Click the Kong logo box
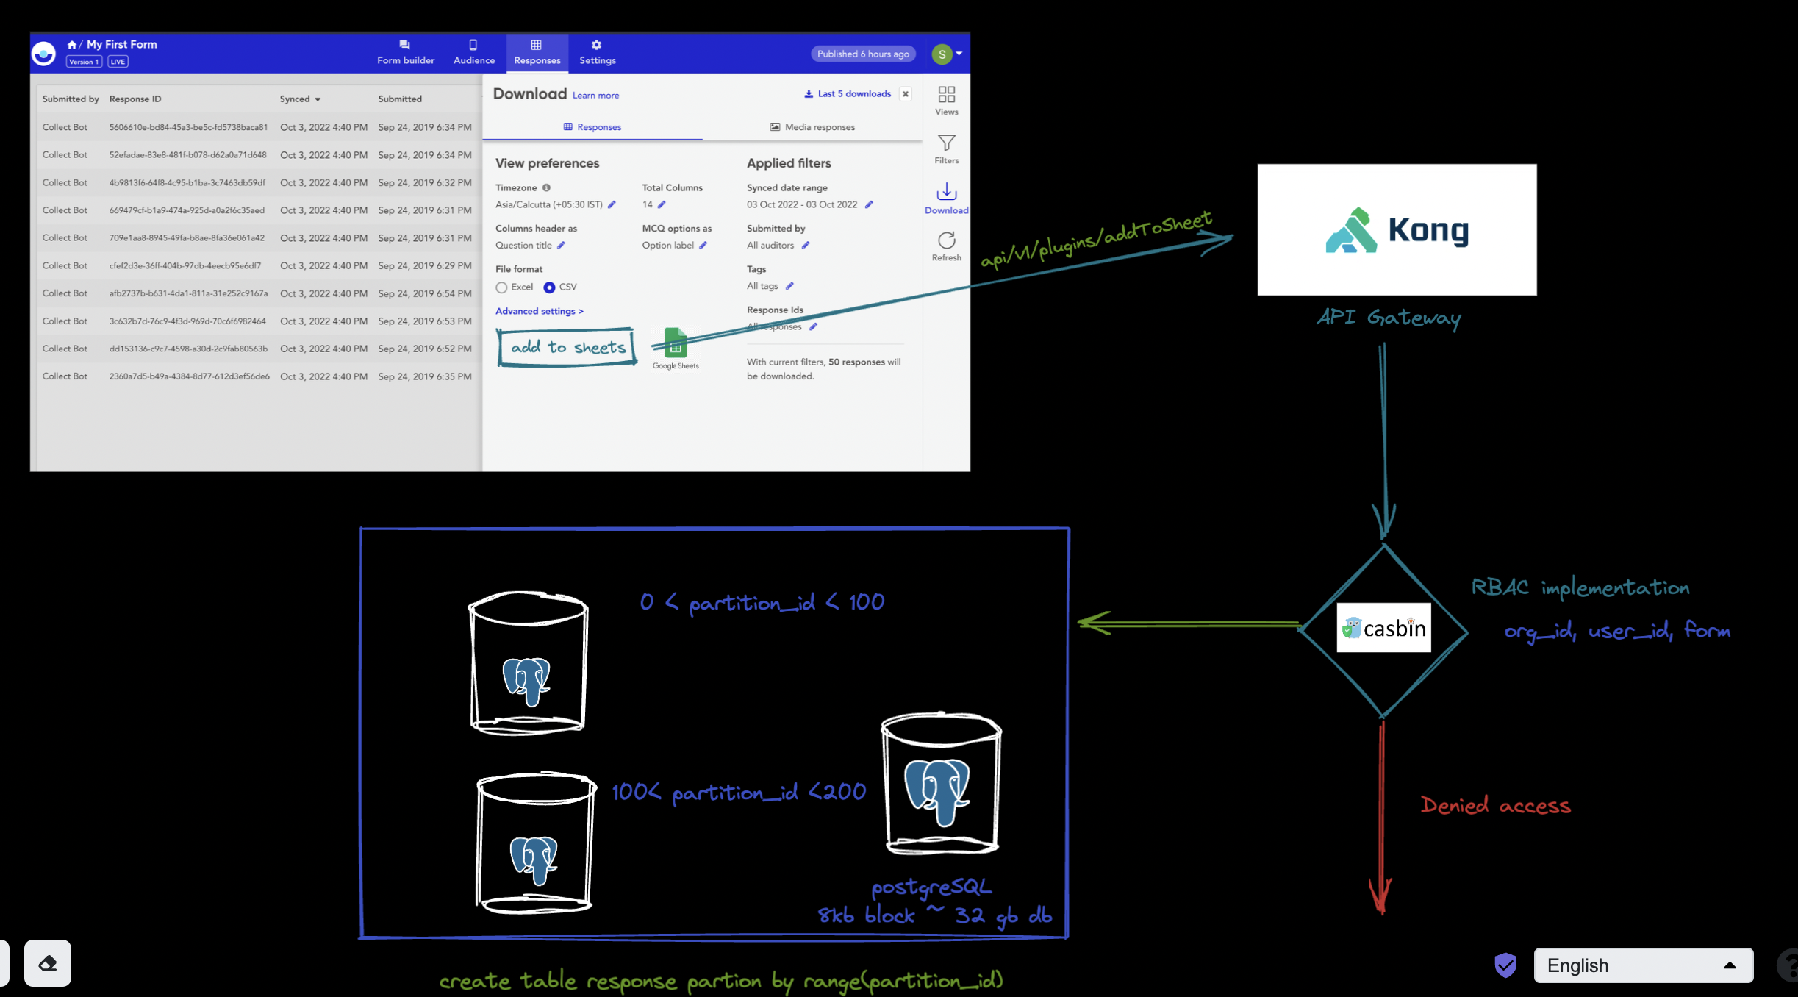pyautogui.click(x=1396, y=229)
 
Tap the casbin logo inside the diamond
pyautogui.click(x=1383, y=628)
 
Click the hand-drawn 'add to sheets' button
pyautogui.click(x=567, y=347)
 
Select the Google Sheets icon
pyautogui.click(x=676, y=343)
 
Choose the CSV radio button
pyautogui.click(x=549, y=287)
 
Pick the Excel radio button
pyautogui.click(x=501, y=287)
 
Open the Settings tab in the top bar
pyautogui.click(x=597, y=53)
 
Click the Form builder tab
pyautogui.click(x=405, y=53)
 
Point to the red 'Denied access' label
pyautogui.click(x=1495, y=806)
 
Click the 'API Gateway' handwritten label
pyautogui.click(x=1388, y=318)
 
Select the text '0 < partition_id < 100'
pyautogui.click(x=762, y=603)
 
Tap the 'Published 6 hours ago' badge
pyautogui.click(x=862, y=54)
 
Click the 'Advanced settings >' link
pyautogui.click(x=539, y=311)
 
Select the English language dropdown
pyautogui.click(x=1642, y=965)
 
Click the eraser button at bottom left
pyautogui.click(x=48, y=962)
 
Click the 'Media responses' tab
pyautogui.click(x=812, y=127)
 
